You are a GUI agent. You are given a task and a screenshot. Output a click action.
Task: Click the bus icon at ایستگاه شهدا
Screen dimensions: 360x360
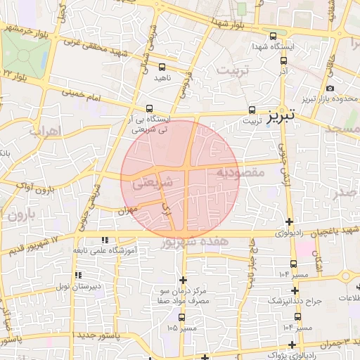point(274,34)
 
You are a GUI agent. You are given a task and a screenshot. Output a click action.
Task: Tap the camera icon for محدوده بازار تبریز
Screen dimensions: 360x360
point(330,88)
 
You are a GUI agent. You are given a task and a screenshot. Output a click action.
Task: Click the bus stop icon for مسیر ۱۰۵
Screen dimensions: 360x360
point(181,317)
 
